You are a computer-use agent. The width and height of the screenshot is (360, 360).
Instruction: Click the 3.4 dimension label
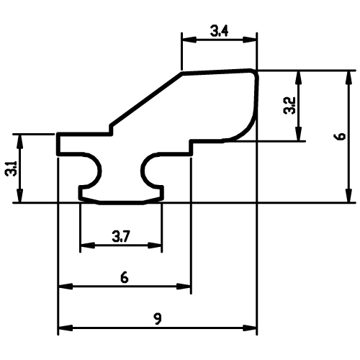tap(219, 31)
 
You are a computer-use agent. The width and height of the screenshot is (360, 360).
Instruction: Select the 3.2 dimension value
tap(289, 106)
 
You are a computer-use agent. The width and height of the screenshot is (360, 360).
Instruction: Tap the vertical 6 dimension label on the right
tap(341, 136)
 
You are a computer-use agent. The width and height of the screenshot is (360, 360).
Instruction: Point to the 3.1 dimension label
tap(11, 168)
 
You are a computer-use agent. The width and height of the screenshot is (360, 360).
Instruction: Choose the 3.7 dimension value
tap(121, 236)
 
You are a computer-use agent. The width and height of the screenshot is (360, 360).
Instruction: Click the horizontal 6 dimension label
tap(125, 278)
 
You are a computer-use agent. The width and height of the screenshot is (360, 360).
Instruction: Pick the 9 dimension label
tap(158, 319)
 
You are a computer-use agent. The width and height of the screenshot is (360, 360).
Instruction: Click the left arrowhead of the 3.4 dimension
tap(189, 40)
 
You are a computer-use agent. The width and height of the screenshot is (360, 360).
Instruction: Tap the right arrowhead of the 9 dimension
tap(250, 328)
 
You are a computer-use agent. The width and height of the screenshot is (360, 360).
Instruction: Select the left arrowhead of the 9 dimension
tap(66, 328)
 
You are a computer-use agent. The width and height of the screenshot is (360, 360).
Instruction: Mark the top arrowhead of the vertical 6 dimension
tap(349, 78)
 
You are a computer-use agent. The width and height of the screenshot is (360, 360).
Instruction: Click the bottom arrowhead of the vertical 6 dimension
tap(349, 196)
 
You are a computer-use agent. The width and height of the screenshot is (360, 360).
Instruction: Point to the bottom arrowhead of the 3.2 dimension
tap(298, 134)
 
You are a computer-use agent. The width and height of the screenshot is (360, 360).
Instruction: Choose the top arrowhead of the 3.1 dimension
tap(20, 141)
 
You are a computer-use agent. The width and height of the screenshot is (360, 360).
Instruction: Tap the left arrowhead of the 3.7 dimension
tap(88, 246)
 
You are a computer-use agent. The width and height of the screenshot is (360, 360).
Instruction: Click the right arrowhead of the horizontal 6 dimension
tap(184, 286)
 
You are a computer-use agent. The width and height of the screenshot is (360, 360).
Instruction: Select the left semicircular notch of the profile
tap(99, 171)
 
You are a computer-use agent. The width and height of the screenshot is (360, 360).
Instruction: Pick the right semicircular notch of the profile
tap(143, 171)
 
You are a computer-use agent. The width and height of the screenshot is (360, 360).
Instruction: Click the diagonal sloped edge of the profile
tap(146, 99)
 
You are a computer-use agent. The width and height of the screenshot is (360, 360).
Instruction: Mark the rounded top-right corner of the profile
tap(255, 73)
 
